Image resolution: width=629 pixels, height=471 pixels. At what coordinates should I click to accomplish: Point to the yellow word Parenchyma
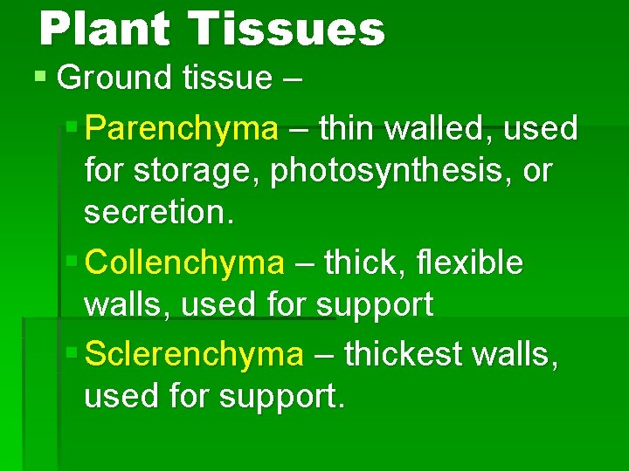[x=183, y=129]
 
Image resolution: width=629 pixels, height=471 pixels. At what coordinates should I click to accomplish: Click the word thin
[x=346, y=129]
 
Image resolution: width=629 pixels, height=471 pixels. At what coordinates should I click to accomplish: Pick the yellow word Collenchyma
[x=186, y=263]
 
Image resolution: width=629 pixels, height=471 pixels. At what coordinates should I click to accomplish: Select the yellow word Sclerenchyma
[x=195, y=355]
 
